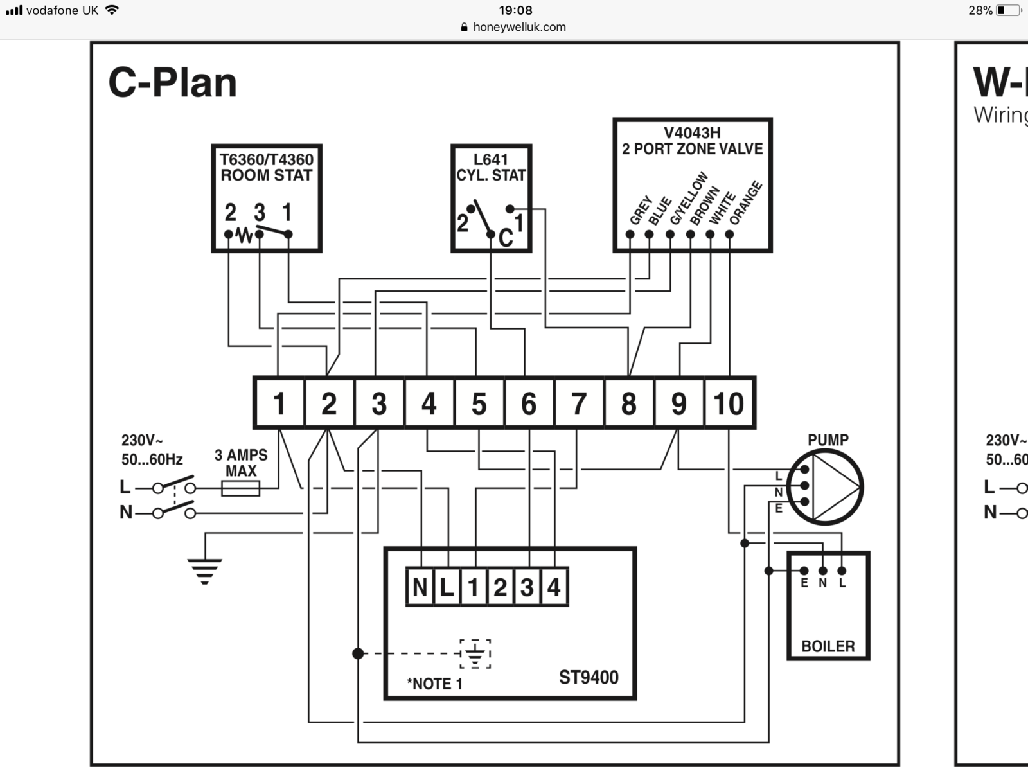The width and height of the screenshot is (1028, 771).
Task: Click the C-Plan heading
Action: coord(172,83)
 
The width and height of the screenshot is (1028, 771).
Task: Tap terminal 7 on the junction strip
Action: coord(579,403)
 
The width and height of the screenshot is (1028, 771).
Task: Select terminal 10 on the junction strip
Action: coord(729,403)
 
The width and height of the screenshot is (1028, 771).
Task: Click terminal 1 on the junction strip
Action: coord(279,403)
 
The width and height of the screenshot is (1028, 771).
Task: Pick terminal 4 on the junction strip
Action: coord(429,403)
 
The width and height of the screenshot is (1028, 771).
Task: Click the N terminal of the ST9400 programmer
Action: coord(420,587)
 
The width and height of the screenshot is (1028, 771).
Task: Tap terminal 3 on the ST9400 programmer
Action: coord(527,587)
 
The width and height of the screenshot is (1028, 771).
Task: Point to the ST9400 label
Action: coord(589,677)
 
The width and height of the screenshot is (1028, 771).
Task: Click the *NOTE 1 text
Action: coord(434,684)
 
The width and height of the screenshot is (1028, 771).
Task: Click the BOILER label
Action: coord(828,646)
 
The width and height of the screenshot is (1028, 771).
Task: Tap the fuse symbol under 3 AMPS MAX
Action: coord(240,488)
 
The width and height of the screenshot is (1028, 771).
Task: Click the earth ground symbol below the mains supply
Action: coord(204,571)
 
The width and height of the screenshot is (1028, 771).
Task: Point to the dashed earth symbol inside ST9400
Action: coord(475,654)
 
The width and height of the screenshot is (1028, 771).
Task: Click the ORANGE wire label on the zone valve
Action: coord(745,203)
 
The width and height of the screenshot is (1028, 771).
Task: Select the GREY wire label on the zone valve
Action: coord(641,209)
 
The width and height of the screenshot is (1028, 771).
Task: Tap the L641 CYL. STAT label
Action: coord(491,168)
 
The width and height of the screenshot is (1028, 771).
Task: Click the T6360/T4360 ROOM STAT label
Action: coord(266,168)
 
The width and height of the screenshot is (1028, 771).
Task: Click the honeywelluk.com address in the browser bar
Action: coord(519,27)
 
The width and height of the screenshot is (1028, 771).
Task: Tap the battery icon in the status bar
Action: coord(1007,10)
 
